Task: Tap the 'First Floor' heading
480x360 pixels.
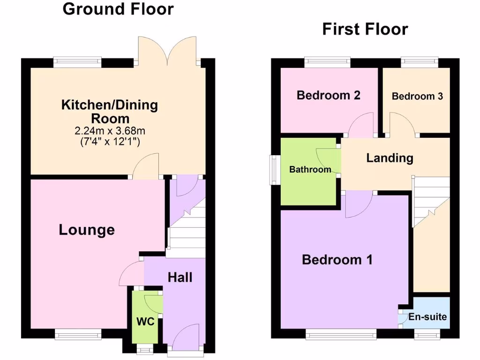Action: [365, 30]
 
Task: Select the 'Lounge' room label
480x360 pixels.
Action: [87, 230]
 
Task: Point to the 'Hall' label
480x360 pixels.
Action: [180, 277]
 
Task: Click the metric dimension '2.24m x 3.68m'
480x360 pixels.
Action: [109, 131]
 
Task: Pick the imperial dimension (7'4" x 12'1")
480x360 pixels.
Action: [109, 141]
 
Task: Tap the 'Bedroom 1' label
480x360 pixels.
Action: [337, 259]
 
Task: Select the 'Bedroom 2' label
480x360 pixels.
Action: [328, 95]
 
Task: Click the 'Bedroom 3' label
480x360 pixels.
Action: [417, 96]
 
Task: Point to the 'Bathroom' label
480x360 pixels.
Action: [310, 169]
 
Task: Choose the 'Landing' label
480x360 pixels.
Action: [390, 158]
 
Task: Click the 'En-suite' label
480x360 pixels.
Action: [427, 317]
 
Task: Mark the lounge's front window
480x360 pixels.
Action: [78, 334]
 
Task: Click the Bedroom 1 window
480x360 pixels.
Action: [341, 334]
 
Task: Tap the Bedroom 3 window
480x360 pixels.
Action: [419, 60]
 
